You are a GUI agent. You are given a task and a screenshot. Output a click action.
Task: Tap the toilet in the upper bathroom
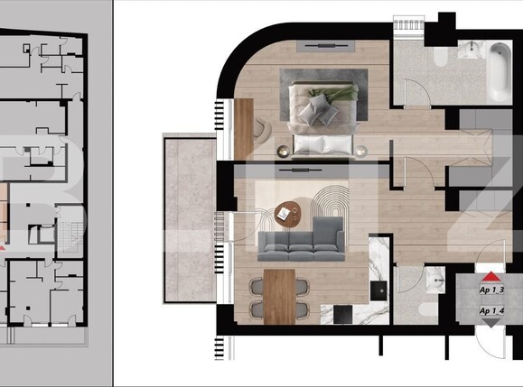(x=440, y=57)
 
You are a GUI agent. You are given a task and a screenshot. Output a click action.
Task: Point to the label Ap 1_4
(x=491, y=311)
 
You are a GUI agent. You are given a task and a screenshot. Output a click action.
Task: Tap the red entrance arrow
(x=490, y=277)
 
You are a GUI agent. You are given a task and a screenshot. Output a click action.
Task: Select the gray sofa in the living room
(x=301, y=241)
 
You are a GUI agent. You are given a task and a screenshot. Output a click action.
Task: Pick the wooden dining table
(x=279, y=294)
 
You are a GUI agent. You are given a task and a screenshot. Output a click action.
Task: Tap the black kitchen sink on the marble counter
(x=378, y=290)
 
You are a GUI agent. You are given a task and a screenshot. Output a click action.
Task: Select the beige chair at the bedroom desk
(x=263, y=131)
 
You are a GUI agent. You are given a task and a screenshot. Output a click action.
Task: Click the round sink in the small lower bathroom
(x=437, y=281)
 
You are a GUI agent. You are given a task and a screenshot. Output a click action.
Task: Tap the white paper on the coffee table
(x=284, y=213)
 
